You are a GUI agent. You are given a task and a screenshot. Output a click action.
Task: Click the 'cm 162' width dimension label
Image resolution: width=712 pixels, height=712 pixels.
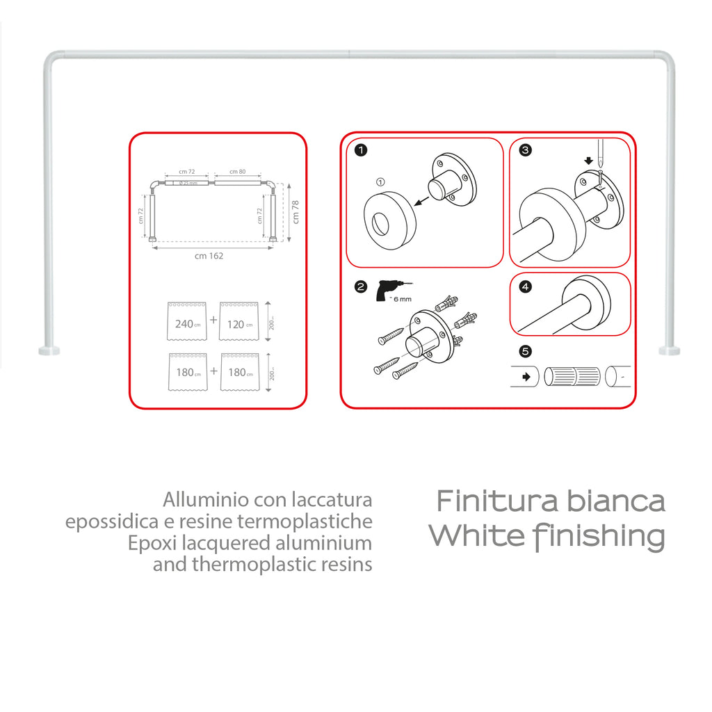209,256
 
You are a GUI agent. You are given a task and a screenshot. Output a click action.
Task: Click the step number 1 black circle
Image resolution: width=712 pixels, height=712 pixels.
361,149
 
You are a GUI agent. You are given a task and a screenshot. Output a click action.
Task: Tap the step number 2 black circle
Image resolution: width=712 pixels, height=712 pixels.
361,286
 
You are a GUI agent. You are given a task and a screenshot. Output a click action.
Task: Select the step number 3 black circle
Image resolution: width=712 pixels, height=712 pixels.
526,149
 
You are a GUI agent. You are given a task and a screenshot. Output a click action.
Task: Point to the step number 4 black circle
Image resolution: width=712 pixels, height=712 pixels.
526,286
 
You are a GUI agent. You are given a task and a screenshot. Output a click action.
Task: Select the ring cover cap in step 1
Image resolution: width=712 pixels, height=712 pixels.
389,215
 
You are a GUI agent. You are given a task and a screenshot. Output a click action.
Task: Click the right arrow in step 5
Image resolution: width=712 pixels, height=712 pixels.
526,376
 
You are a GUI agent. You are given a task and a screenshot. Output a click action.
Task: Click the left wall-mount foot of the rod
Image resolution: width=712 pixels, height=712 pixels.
49,350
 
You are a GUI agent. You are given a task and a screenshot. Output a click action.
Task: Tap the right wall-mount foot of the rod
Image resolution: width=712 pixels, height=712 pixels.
669,350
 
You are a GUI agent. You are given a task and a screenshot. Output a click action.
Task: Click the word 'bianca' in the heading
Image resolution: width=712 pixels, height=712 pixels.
615,501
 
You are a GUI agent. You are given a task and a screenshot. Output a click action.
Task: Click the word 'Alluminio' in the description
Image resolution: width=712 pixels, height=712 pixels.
207,500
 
